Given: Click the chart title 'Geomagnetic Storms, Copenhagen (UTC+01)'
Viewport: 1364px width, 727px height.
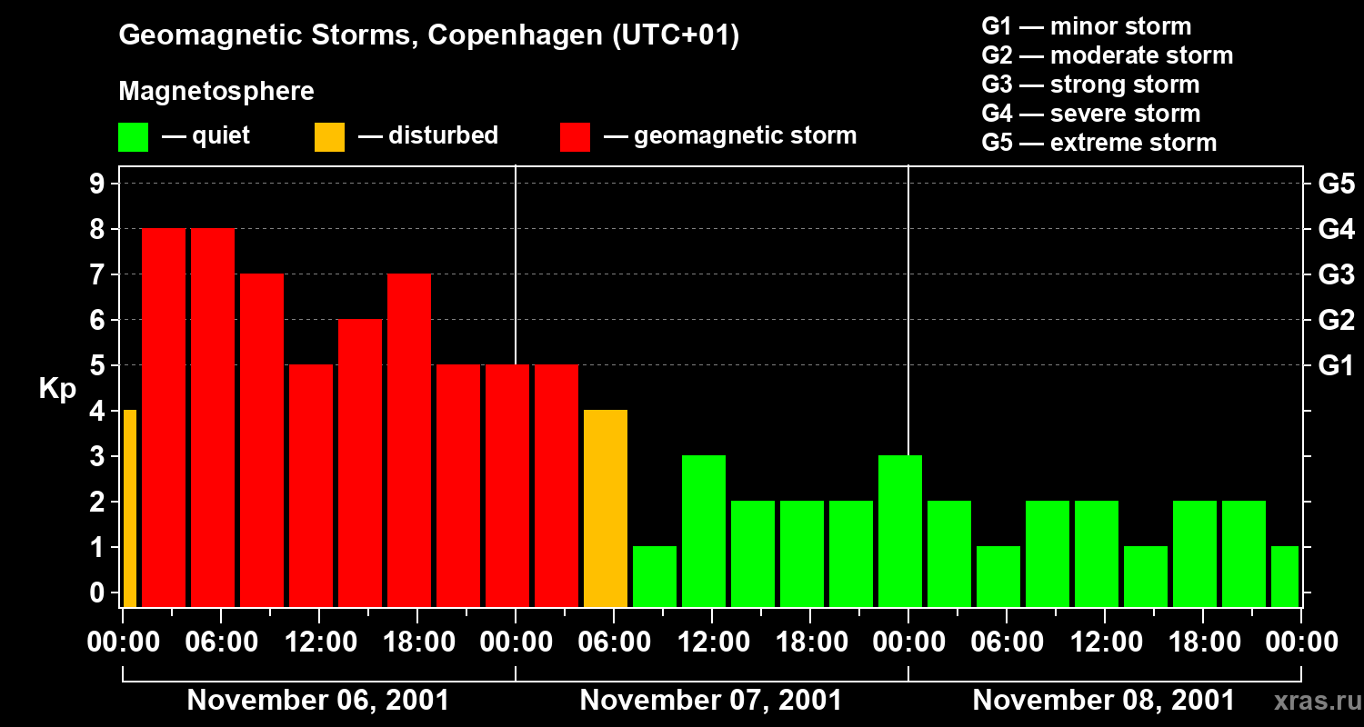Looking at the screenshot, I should tap(429, 35).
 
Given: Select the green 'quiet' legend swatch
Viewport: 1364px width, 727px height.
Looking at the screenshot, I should tap(133, 137).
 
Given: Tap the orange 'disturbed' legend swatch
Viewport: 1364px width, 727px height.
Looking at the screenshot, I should tap(329, 137).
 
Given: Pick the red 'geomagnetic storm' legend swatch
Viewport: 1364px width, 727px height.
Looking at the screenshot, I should tap(575, 137).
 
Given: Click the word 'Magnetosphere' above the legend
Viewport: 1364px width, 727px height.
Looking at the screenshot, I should tap(216, 92).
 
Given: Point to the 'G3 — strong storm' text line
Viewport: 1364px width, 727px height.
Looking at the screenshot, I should tap(1090, 85).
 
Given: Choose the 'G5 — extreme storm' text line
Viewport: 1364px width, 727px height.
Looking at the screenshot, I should tap(1098, 143).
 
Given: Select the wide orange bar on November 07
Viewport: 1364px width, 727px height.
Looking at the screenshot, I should tap(606, 508).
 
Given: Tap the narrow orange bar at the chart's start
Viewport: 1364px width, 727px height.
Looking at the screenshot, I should tap(129, 508).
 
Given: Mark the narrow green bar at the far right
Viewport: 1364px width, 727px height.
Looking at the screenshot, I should tap(1285, 576).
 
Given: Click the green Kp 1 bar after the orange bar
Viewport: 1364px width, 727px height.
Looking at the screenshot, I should tap(655, 576).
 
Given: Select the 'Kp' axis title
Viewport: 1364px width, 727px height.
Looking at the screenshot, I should tap(58, 389).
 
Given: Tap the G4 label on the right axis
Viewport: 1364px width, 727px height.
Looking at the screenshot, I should tap(1336, 229).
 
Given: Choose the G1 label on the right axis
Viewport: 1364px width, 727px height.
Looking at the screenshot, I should tap(1336, 365).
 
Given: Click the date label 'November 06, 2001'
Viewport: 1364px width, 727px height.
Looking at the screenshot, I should tap(317, 701).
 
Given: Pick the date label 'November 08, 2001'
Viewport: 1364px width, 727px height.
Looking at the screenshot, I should tap(1104, 701).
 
